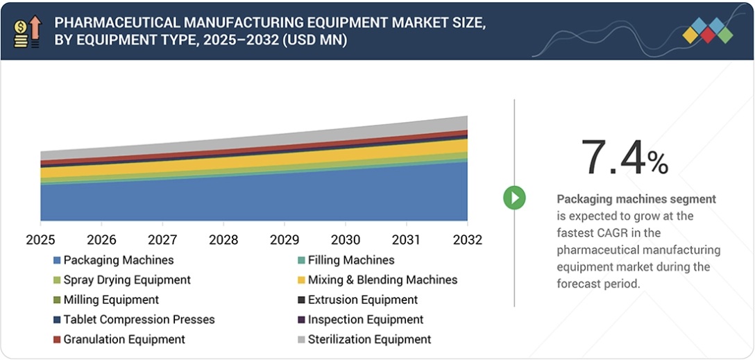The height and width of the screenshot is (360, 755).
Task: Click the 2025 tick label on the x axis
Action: pyautogui.click(x=40, y=239)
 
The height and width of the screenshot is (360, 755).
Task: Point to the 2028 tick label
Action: pyautogui.click(x=223, y=239)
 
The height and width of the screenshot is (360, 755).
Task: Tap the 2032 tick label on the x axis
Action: pyautogui.click(x=466, y=239)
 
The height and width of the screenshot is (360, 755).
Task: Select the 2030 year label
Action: pyautogui.click(x=345, y=239)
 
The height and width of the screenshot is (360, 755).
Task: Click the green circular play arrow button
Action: pyautogui.click(x=514, y=198)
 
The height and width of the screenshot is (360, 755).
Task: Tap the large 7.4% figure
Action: pyautogui.click(x=624, y=157)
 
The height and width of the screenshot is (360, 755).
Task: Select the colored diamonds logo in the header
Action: pyautogui.click(x=707, y=31)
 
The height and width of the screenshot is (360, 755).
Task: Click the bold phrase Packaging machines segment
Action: pyautogui.click(x=636, y=199)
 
